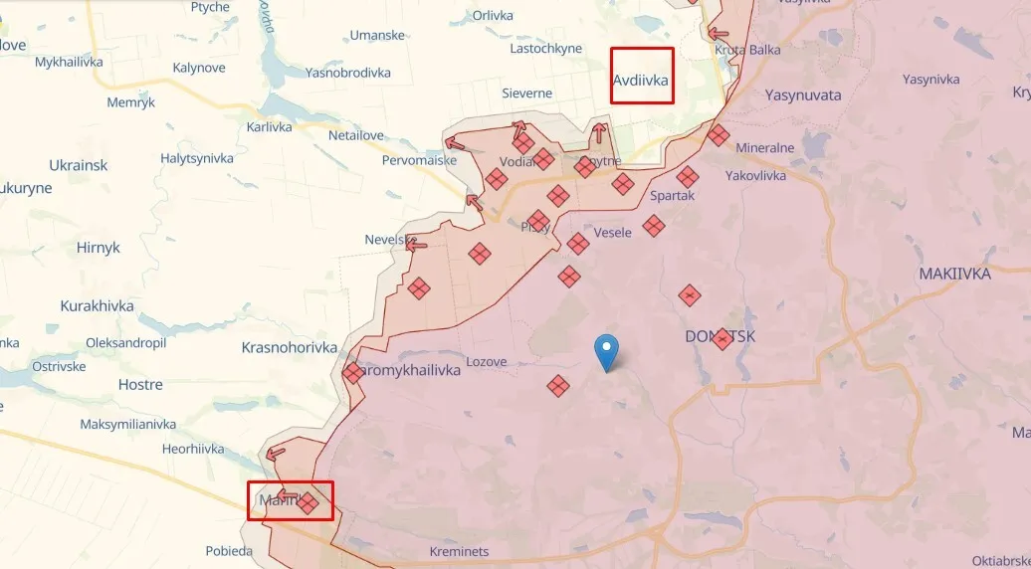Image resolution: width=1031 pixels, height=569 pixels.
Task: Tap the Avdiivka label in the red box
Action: pos(641,80)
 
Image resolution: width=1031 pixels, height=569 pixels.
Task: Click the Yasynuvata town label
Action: pos(803,95)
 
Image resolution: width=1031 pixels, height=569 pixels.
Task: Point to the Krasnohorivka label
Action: pos(289,347)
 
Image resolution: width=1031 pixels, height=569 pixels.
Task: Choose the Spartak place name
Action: pos(672,196)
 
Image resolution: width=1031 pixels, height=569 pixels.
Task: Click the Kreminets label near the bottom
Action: pos(459,551)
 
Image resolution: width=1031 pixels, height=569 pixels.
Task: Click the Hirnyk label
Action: pos(98,248)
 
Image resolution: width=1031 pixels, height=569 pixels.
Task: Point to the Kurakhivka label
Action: pos(97,305)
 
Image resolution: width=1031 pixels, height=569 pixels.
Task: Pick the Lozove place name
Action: pos(487,362)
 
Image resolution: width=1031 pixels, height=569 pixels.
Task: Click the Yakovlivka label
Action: pos(755,176)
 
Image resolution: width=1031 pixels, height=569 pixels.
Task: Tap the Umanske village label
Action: pos(377,36)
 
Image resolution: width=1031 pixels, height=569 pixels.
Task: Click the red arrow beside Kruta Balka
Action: pos(720,34)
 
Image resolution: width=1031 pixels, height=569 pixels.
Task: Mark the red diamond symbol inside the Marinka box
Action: pos(309,503)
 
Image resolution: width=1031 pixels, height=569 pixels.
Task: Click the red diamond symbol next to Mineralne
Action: pos(719,135)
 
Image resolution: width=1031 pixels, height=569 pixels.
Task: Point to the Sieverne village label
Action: pos(526,94)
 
